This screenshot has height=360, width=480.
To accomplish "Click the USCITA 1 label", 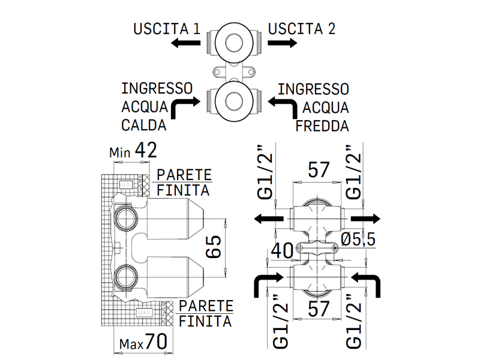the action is pos(167,29).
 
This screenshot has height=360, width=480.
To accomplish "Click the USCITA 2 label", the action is pos(302,29).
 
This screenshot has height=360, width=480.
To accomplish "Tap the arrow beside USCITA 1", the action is pos(185,43).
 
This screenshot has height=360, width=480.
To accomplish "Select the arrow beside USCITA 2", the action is pos(282,43).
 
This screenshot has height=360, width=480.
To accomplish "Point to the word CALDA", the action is pos(143,125).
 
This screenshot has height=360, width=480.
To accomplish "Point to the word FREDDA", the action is pos(322,126).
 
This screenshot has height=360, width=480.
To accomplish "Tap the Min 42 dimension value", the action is pos(133,151).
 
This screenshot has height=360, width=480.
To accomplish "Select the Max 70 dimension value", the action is pos(143,342).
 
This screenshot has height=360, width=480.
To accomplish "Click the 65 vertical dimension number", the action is pos(213,247).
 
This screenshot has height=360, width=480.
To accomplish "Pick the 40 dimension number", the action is pos(282,251).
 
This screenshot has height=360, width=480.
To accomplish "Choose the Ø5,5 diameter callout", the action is pos(358,239).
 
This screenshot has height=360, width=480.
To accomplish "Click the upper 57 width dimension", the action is pos(319,170).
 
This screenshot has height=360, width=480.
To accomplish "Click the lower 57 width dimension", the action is pos(319,308).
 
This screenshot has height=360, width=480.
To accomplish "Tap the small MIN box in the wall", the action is pos(126,185).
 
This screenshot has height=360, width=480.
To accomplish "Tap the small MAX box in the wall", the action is pos(144,313).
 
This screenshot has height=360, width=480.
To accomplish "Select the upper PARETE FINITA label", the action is pos(184,183).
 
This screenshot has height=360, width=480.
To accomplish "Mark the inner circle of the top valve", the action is pos(234,43).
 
